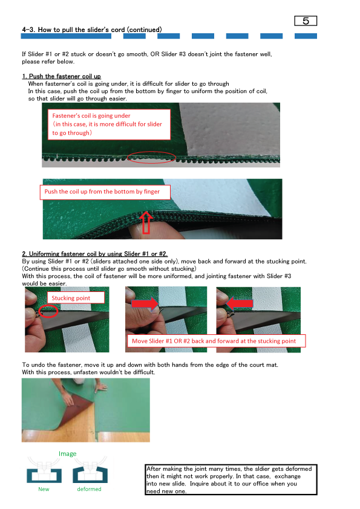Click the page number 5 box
[x=306, y=21]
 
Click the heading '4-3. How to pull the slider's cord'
[x=92, y=30]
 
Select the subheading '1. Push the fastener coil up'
[x=61, y=76]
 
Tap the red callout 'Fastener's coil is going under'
[x=109, y=125]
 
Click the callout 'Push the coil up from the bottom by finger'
[x=105, y=192]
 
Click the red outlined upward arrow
[x=146, y=222]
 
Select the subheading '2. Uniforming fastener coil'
[x=94, y=253]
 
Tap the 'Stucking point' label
[x=76, y=297]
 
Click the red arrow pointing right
[x=145, y=303]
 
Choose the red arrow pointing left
[x=240, y=303]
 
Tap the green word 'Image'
[x=68, y=453]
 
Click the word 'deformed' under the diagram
[x=89, y=489]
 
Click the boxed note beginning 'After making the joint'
[x=231, y=480]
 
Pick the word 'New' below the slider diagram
[x=44, y=489]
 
